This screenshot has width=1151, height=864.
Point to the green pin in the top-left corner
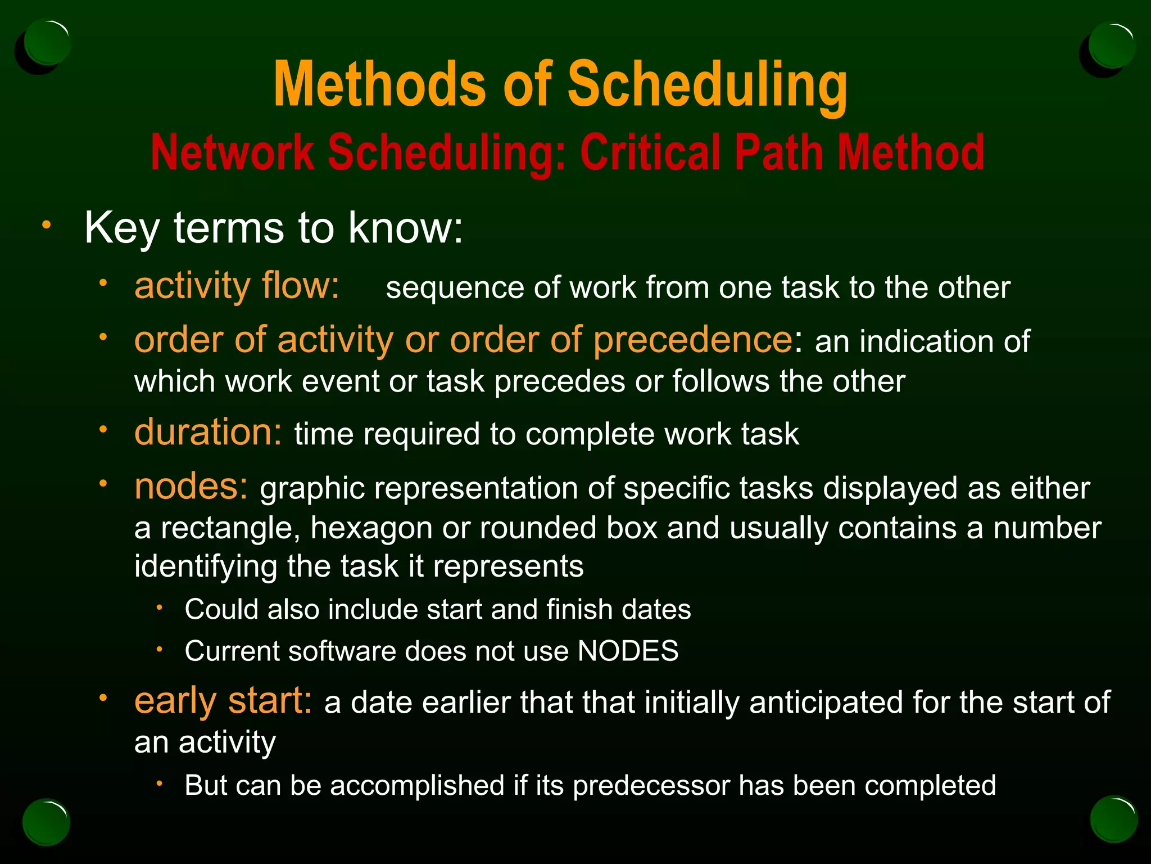click(x=48, y=43)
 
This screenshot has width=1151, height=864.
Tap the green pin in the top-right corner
click(x=1111, y=45)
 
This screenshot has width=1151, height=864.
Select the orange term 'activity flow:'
click(x=237, y=286)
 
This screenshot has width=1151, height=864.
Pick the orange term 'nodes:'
click(x=191, y=486)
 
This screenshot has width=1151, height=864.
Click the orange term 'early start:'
click(x=223, y=701)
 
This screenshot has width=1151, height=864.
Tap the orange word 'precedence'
click(x=693, y=341)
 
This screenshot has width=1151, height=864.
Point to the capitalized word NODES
click(x=628, y=651)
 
